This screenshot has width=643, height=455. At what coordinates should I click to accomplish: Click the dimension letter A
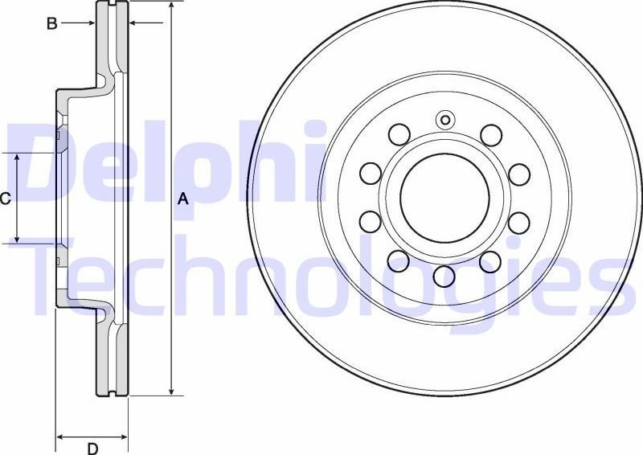click(x=182, y=199)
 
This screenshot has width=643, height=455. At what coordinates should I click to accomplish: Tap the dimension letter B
click(x=51, y=23)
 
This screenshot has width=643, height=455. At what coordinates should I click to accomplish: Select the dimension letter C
click(x=6, y=198)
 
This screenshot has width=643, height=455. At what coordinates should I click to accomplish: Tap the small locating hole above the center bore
click(x=444, y=121)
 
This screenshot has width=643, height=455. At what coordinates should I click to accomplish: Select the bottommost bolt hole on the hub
click(x=444, y=277)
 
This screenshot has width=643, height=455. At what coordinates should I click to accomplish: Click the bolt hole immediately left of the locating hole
click(x=398, y=133)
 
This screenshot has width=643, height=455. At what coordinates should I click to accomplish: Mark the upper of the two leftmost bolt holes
click(x=370, y=173)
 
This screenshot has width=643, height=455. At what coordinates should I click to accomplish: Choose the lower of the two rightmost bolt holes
click(x=518, y=221)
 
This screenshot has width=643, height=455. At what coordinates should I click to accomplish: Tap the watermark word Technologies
click(x=321, y=277)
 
